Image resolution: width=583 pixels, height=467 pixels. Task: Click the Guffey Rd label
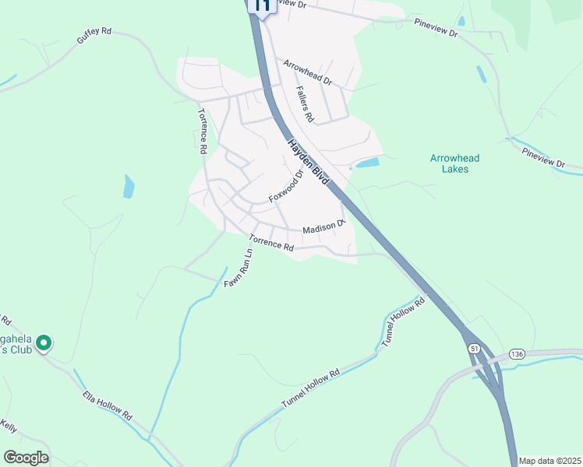(x=94, y=41)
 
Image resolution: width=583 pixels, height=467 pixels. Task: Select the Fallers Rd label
(x=304, y=104)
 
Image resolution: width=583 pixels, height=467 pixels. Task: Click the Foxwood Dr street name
(x=285, y=188)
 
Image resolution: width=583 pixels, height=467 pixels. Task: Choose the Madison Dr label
(x=323, y=227)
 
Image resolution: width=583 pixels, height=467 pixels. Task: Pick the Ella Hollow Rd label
(x=108, y=406)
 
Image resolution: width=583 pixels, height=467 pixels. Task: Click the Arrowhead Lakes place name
(x=455, y=163)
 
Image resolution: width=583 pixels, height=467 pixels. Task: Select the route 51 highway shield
(x=474, y=349)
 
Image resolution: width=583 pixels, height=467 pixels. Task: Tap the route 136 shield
(x=516, y=353)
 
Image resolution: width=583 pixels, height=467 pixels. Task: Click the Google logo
(x=26, y=458)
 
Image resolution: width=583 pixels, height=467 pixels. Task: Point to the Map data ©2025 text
(x=549, y=461)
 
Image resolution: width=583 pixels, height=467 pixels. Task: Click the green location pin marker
(x=44, y=342)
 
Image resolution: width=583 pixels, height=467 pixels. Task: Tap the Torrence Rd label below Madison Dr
(x=271, y=244)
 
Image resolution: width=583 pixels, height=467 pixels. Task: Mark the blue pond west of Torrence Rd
(x=129, y=186)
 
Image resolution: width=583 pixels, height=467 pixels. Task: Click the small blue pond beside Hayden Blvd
(x=366, y=163)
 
